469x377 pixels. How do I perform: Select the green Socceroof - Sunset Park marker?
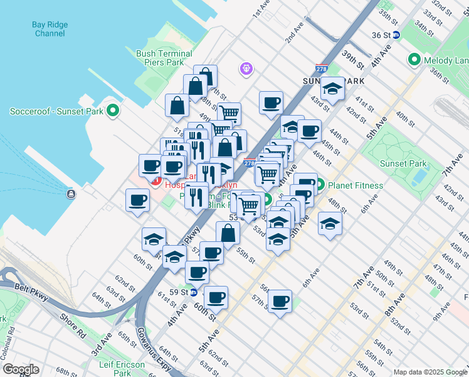pos(113,111)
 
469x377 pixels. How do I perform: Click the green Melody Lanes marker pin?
pos(414,60)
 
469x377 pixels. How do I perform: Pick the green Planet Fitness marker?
pos(319,185)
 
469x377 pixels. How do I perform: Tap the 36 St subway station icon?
pos(396,35)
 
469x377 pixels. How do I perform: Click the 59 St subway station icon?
pos(194,292)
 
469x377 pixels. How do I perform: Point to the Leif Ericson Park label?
pos(124,368)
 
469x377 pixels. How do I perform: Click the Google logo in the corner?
pos(21,369)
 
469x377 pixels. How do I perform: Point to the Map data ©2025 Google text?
pos(430,372)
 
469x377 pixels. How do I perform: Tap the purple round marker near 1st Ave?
pos(246,68)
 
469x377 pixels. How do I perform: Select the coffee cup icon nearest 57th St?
pos(280,301)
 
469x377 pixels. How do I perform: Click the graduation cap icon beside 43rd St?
pos(332,89)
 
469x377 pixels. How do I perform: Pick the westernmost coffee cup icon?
pos(137,200)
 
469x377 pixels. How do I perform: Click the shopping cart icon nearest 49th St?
pos(229,114)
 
